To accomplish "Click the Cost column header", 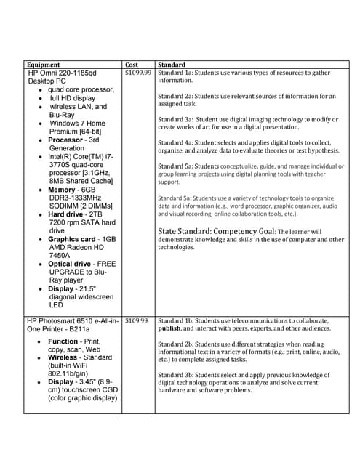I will [132, 65].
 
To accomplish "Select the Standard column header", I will [172, 65].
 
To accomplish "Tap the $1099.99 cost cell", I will [138, 73].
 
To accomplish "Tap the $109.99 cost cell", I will [136, 320].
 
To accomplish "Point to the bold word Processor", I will [67, 139].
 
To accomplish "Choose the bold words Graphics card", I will [72, 239].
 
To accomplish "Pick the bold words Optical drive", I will [71, 264].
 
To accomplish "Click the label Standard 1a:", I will [176, 73].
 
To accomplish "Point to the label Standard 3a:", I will [176, 118].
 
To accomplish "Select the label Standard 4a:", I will [176, 142].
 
